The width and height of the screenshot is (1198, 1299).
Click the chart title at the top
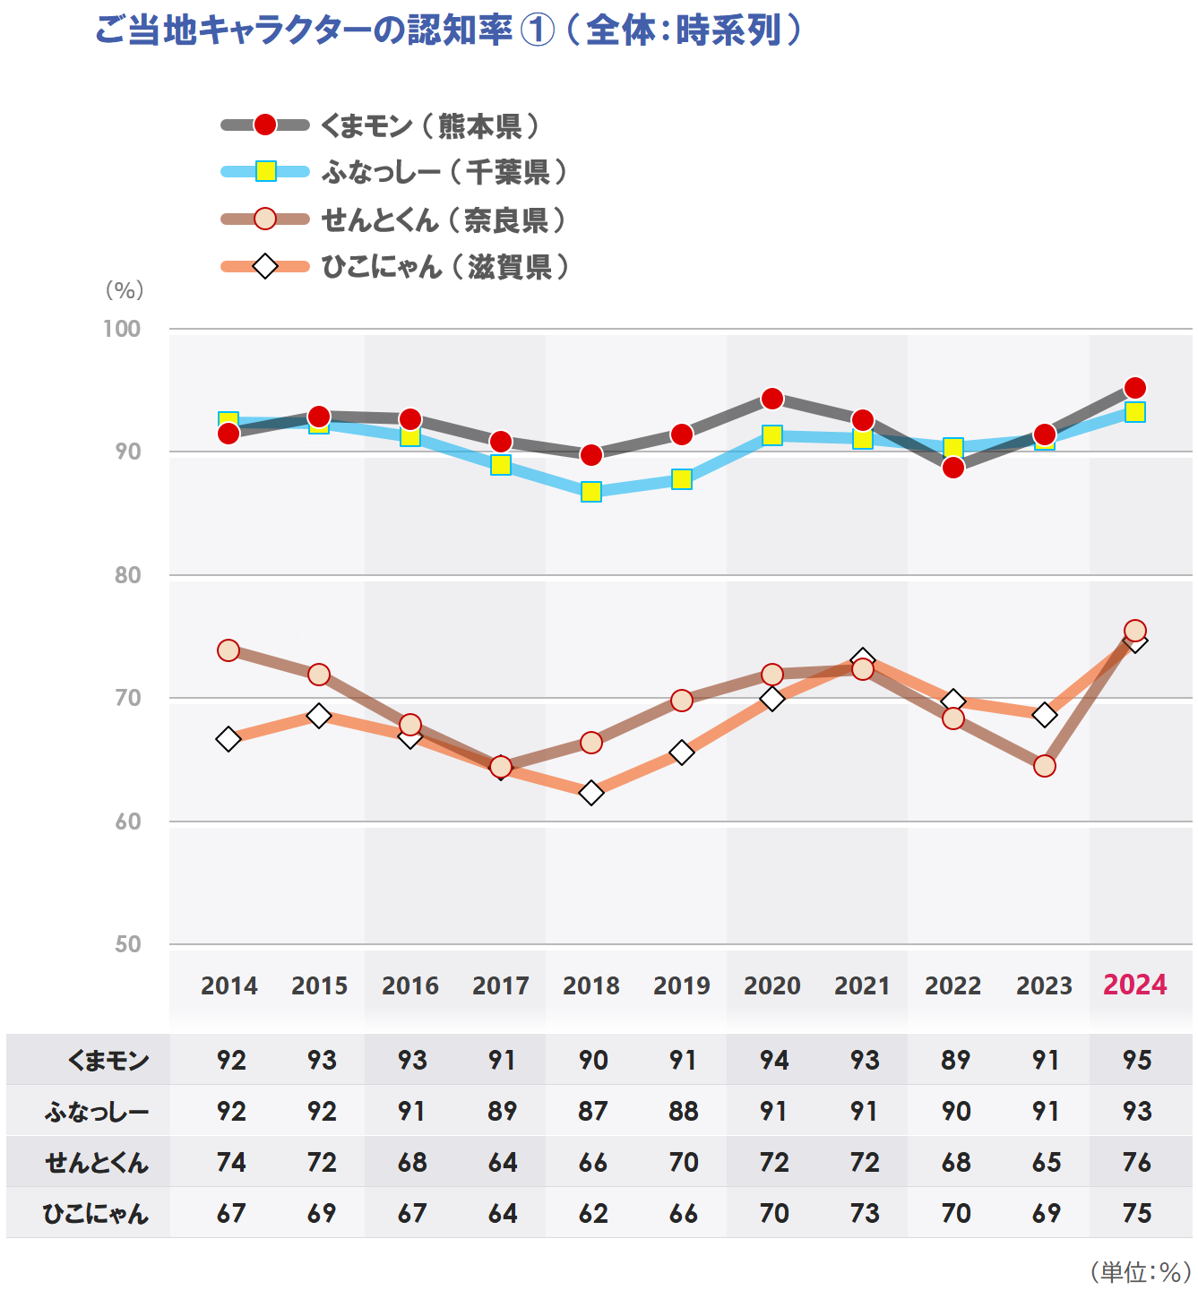coord(448,30)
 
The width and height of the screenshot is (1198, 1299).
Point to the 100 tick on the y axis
coord(122,329)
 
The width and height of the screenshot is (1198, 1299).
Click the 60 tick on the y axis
coord(128,822)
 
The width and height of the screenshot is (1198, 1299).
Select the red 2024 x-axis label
coord(1134,985)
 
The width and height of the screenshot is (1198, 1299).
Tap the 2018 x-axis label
coord(591,985)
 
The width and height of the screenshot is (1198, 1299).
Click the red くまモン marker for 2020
coord(772,399)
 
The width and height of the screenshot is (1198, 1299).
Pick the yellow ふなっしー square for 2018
coord(591,492)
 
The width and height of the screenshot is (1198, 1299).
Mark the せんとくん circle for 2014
coord(228,650)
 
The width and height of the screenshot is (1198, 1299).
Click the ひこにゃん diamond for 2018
coord(591,793)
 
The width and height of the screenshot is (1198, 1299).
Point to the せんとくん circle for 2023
coord(1045,766)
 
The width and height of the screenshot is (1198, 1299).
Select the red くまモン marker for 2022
coord(953,468)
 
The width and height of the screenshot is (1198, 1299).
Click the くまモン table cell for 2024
coord(1137,1060)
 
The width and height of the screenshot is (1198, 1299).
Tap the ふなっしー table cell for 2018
coord(593,1111)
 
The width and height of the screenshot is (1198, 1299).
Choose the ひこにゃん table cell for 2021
coord(865,1213)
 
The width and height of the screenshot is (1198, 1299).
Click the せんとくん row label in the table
coord(97,1163)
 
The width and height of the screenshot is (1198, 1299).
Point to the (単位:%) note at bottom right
coord(1140,1271)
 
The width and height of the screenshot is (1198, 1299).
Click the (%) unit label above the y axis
coord(125,290)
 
